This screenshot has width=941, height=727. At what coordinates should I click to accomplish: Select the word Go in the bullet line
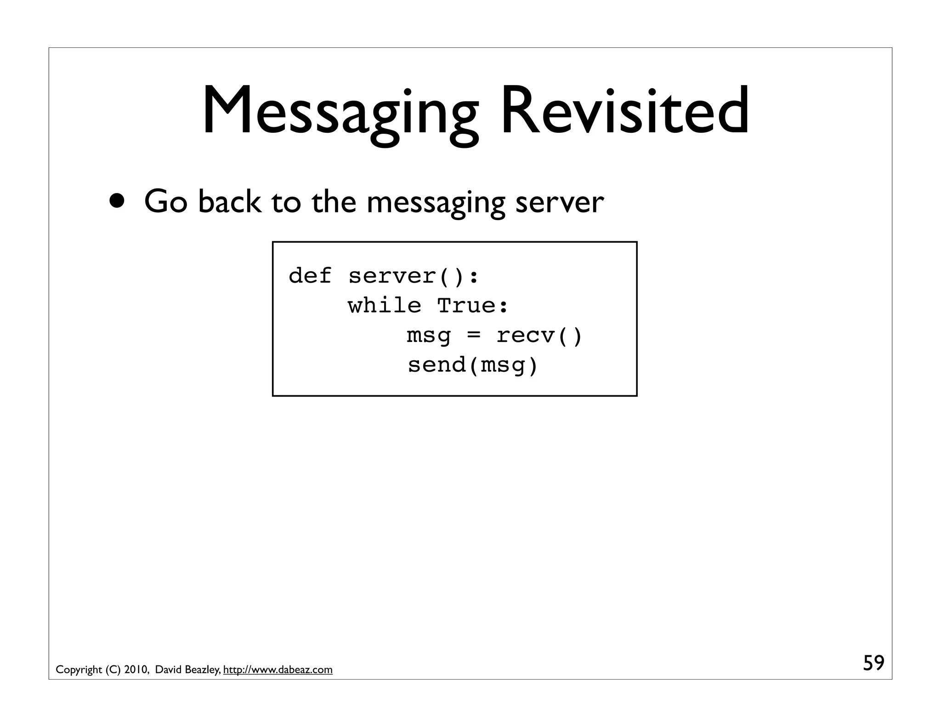click(x=165, y=202)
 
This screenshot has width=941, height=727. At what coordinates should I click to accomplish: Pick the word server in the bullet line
click(x=559, y=202)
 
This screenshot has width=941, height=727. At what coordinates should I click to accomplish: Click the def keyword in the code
click(x=310, y=276)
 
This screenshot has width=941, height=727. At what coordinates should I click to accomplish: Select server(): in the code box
click(x=414, y=276)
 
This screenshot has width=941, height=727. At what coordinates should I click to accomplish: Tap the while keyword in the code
click(x=384, y=306)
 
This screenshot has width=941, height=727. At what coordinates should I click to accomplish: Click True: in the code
click(x=473, y=306)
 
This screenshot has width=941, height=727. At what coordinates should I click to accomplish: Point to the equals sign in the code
click(x=473, y=335)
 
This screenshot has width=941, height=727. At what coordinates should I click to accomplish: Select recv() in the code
click(x=539, y=335)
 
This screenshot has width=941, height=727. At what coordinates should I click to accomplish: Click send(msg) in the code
click(x=473, y=365)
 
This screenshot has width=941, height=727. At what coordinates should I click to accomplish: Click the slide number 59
click(x=873, y=663)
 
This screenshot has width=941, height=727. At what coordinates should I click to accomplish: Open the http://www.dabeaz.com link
click(x=278, y=670)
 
